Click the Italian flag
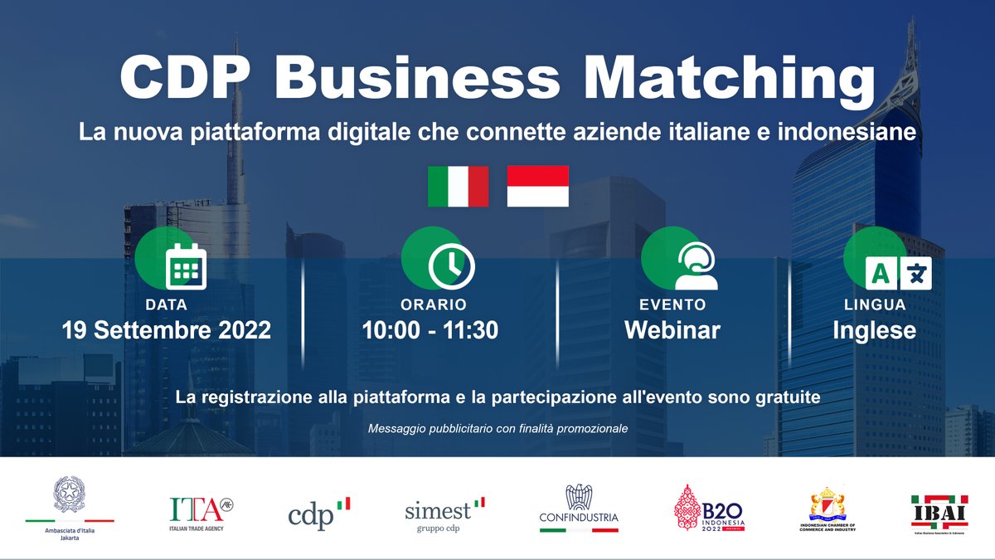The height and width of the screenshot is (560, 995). pos(458,186)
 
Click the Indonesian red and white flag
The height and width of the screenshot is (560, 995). pos(537,186)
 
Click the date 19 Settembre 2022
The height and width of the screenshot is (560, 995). pos(167,330)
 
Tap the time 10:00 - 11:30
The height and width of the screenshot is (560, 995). pos(430,330)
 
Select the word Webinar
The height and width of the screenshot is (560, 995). pos(672,330)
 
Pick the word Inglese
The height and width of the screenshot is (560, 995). pos(874,330)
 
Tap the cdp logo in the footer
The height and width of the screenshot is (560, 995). pos(319,513)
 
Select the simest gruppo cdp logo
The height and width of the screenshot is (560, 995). pos(444,513)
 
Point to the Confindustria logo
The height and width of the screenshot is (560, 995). pos(579,508)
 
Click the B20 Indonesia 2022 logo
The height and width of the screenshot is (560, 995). pos(710,508)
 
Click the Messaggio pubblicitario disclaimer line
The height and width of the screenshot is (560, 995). pos(498,429)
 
